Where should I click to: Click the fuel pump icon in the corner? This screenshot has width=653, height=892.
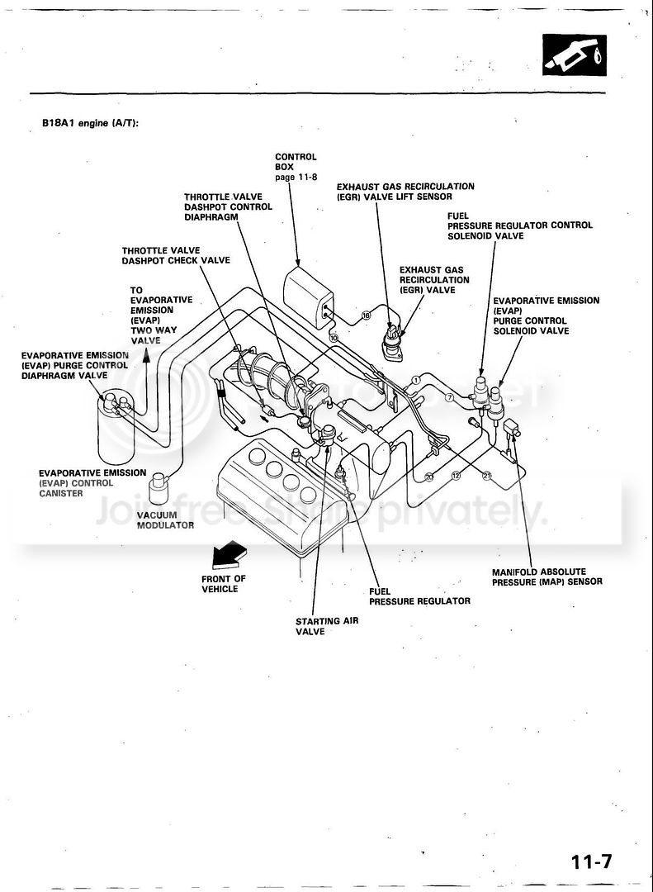coord(574,55)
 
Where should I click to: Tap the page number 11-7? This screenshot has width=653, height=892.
coord(592,861)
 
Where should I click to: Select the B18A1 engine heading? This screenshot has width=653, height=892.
coord(91,123)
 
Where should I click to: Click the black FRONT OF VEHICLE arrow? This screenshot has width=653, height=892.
coord(229,555)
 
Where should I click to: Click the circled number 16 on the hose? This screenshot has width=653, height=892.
coord(367,315)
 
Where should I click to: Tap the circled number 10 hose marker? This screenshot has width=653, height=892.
coord(334,338)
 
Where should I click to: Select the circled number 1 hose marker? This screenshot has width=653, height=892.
coord(416,380)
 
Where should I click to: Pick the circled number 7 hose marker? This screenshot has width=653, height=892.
coord(449,397)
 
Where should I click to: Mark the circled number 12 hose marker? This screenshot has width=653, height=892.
coord(456,476)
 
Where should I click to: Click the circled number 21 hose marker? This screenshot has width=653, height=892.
coord(486,476)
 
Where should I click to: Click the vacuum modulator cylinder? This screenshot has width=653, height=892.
coord(159,488)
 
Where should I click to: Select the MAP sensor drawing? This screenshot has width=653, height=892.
coord(512,427)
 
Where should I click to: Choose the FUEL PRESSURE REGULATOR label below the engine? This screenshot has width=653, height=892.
coord(419,596)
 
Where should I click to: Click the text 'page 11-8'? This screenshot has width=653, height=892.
coord(296,177)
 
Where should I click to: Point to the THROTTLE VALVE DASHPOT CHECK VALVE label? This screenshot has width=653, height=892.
coord(176,255)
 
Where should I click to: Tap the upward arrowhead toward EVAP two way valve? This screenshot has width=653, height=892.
coord(147,356)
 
